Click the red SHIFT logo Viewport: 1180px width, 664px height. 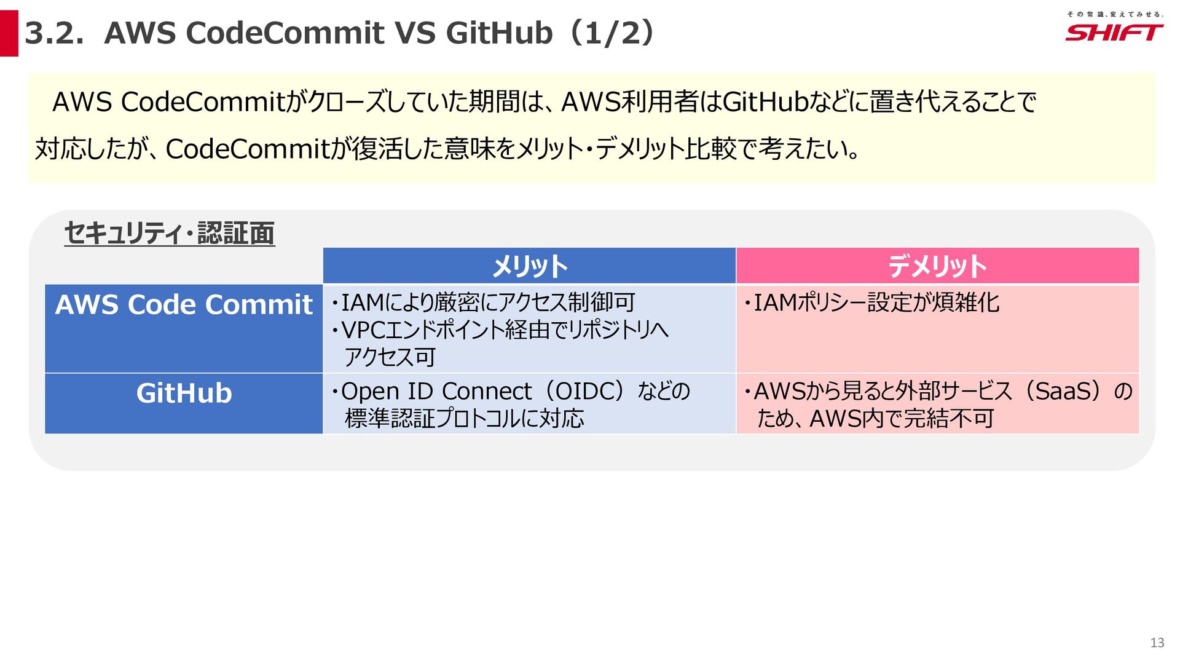[1114, 33]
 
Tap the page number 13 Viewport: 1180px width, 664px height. [1157, 642]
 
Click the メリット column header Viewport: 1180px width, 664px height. [529, 266]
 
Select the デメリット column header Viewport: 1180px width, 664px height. [937, 266]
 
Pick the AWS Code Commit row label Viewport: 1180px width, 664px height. [184, 305]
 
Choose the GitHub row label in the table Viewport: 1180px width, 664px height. [184, 393]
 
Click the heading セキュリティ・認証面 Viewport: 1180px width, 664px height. [170, 234]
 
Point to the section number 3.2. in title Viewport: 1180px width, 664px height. [54, 33]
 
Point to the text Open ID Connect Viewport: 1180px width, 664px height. [436, 392]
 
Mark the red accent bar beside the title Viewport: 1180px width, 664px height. [9, 33]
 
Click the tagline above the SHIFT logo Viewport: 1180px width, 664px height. [1114, 14]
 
